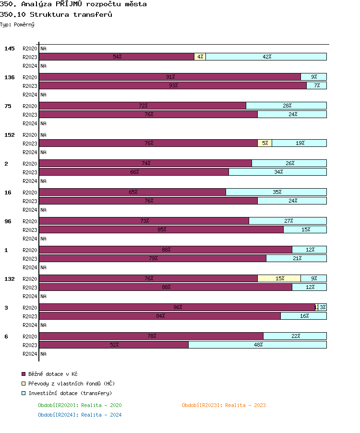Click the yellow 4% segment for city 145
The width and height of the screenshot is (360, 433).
click(x=200, y=57)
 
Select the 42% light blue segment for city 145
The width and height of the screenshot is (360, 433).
click(x=266, y=57)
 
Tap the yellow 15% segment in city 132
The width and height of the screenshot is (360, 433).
click(x=279, y=278)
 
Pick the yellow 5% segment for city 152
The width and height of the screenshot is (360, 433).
click(x=264, y=143)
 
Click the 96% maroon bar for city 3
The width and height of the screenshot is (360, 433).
click(x=177, y=307)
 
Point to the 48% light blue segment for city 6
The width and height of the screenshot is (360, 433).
click(x=258, y=345)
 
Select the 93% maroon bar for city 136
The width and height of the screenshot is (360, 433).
click(x=173, y=85)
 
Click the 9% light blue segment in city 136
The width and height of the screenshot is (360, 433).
click(x=314, y=77)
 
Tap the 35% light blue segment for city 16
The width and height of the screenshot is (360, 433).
click(x=276, y=192)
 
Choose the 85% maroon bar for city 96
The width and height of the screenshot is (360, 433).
click(x=161, y=229)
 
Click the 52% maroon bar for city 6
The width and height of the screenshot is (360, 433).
click(x=114, y=345)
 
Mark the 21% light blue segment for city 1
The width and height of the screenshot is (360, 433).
click(x=297, y=258)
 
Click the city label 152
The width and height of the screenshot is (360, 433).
click(x=10, y=135)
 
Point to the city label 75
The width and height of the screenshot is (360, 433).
click(x=8, y=106)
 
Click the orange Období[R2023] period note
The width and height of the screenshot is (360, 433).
click(x=224, y=405)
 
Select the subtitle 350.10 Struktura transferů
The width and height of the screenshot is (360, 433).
click(x=56, y=14)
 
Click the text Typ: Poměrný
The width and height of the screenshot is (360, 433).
click(x=17, y=24)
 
